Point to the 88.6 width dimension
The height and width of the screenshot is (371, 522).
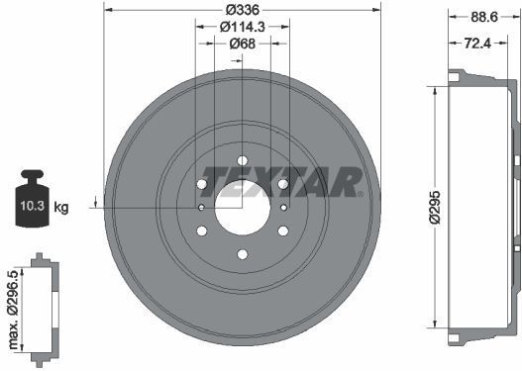click(x=484, y=16)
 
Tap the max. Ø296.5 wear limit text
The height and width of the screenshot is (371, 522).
click(x=14, y=303)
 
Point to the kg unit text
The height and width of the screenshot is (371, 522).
click(x=61, y=208)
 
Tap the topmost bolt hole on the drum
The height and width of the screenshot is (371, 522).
click(x=243, y=161)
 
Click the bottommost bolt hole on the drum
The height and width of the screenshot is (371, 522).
click(x=243, y=256)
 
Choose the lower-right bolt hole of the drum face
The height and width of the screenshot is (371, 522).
click(x=283, y=232)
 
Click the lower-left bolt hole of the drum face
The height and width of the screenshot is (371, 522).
click(x=202, y=232)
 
